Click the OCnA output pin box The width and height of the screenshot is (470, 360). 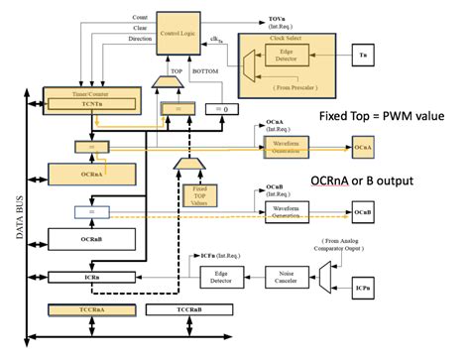point(364,147)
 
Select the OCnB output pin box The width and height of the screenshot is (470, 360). point(364,212)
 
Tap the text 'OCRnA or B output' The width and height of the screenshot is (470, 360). point(363,180)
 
